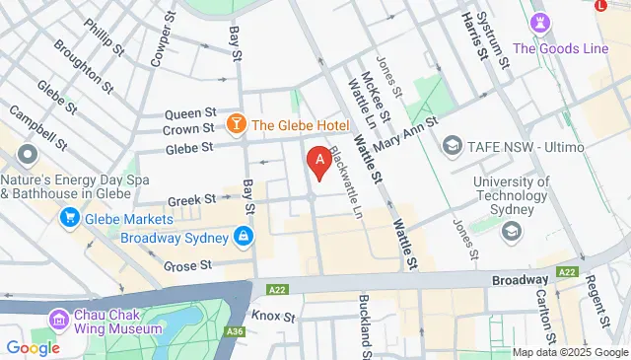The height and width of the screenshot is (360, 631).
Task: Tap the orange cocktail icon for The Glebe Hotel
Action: coord(237,124)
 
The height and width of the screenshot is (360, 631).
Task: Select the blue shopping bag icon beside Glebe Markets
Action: coord(71,219)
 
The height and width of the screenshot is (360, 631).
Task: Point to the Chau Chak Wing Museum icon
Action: coord(58,321)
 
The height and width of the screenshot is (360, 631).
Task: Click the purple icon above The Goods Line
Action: coord(540,23)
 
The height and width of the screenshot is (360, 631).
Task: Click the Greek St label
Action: coord(184,200)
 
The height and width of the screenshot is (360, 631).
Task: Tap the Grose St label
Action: coord(187,265)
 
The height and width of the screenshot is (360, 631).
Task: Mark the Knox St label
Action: coord(273,317)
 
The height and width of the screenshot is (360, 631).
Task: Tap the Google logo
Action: coord(33,347)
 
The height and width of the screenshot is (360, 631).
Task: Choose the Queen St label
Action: coord(189,112)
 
